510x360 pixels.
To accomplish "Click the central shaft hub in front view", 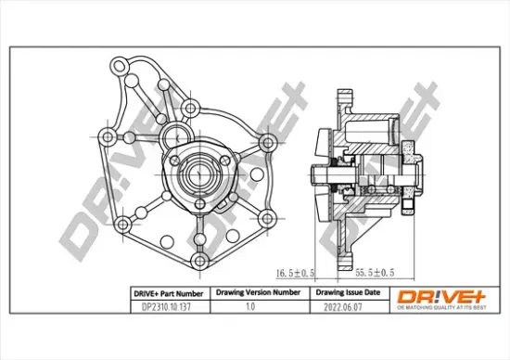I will click(x=198, y=170).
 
